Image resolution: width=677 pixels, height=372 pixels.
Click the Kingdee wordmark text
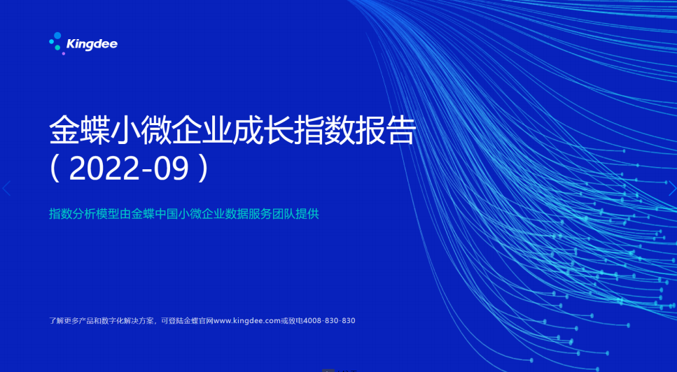[92, 44]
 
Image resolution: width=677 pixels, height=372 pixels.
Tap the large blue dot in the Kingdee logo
[57, 36]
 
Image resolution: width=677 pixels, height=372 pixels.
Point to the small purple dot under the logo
[64, 53]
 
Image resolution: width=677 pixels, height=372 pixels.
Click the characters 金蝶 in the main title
[80, 130]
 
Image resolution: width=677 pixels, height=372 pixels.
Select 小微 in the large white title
[141, 130]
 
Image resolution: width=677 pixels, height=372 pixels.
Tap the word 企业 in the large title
[202, 130]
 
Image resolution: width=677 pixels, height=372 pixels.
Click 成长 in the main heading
[263, 130]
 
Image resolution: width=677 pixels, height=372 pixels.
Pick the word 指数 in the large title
[324, 130]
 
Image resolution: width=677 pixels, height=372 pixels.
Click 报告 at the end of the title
[386, 130]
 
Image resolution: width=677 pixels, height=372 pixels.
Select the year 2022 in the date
[104, 169]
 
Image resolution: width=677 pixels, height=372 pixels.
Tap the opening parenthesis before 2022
[55, 169]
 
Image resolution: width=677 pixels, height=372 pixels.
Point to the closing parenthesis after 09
[204, 169]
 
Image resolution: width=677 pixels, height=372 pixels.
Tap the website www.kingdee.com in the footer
[247, 321]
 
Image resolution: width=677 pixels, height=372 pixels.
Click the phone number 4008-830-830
[329, 321]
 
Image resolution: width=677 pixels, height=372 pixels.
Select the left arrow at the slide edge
[6, 188]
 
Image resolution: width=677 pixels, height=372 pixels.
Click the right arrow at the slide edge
[672, 188]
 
